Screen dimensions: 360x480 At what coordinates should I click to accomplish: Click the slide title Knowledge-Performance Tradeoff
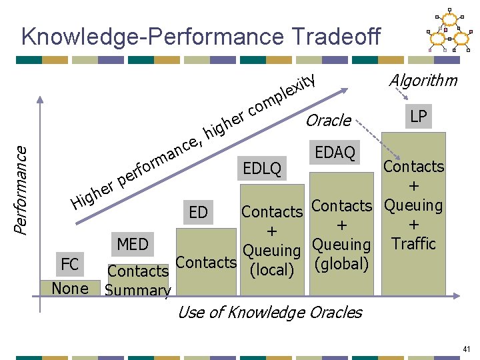pyautogui.click(x=201, y=37)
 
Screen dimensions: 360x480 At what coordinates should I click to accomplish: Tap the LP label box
pyautogui.click(x=419, y=117)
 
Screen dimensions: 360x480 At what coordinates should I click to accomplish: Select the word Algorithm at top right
pyautogui.click(x=423, y=81)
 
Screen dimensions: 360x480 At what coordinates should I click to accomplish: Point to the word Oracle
pyautogui.click(x=329, y=120)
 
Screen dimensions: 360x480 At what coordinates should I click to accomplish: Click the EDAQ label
pyautogui.click(x=335, y=152)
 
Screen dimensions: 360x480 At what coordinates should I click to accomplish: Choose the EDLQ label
pyautogui.click(x=262, y=166)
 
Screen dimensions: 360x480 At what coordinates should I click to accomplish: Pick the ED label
pyautogui.click(x=198, y=213)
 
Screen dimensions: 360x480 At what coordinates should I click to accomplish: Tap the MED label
pyautogui.click(x=133, y=244)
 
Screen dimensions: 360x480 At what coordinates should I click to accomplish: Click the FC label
pyautogui.click(x=69, y=265)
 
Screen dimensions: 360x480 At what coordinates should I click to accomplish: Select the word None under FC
pyautogui.click(x=70, y=288)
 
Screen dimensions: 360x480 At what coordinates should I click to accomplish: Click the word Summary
pyautogui.click(x=138, y=290)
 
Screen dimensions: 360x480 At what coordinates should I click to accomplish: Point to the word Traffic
pyautogui.click(x=413, y=243)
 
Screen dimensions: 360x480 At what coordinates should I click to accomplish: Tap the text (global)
pyautogui.click(x=341, y=264)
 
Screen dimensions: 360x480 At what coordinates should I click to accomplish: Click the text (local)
pyautogui.click(x=271, y=269)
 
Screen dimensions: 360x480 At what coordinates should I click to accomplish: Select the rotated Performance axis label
pyautogui.click(x=22, y=190)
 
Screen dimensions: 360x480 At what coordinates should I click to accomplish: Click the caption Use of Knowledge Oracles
pyautogui.click(x=270, y=312)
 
